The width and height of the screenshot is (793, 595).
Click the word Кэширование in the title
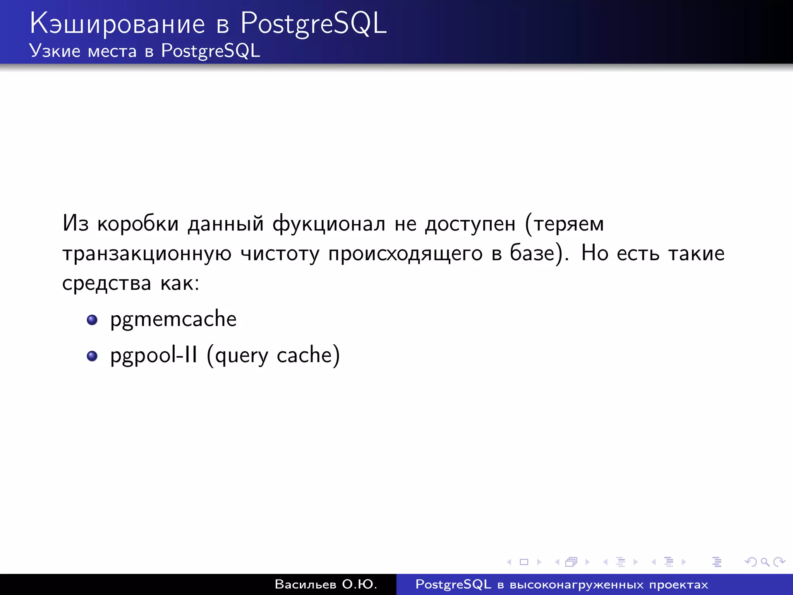point(117,24)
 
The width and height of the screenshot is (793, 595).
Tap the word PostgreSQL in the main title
point(313,24)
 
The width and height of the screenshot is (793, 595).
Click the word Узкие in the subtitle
point(55,51)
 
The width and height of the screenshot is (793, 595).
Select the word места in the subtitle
point(112,52)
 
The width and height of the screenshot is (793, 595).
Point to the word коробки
point(138,224)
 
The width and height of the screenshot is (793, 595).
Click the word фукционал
point(329,224)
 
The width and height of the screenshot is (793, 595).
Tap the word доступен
point(470,224)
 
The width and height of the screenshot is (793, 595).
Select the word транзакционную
point(147,254)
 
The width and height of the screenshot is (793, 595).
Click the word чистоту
point(280,254)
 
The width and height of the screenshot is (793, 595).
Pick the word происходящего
point(405,254)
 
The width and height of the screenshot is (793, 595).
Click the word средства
point(106,283)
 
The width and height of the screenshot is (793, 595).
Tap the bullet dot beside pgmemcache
point(92,320)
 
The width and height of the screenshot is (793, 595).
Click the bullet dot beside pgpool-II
point(92,356)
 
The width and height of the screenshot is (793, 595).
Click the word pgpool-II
point(154,355)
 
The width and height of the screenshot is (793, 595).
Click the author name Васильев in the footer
point(305,584)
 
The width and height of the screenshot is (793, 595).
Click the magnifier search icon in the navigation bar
point(764,562)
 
